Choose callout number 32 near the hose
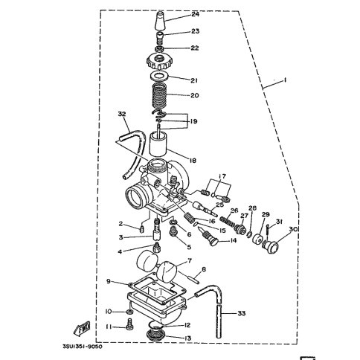[x=122, y=114]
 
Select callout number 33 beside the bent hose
[x=242, y=313]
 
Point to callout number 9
[x=109, y=281]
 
